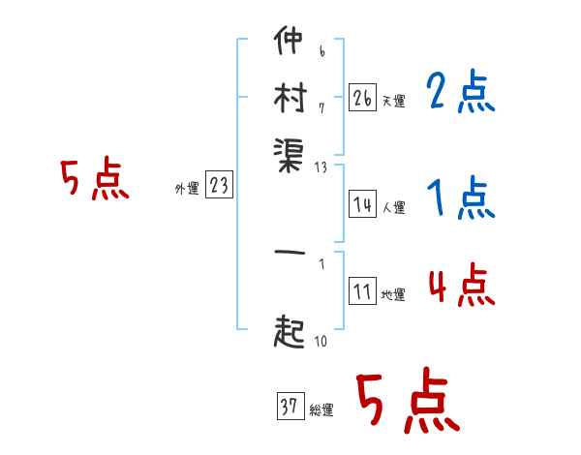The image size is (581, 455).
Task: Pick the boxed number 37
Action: click(289, 407)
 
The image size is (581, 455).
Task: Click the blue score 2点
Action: click(461, 94)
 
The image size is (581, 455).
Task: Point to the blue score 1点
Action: click(461, 200)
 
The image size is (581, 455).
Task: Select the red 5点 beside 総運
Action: click(407, 401)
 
